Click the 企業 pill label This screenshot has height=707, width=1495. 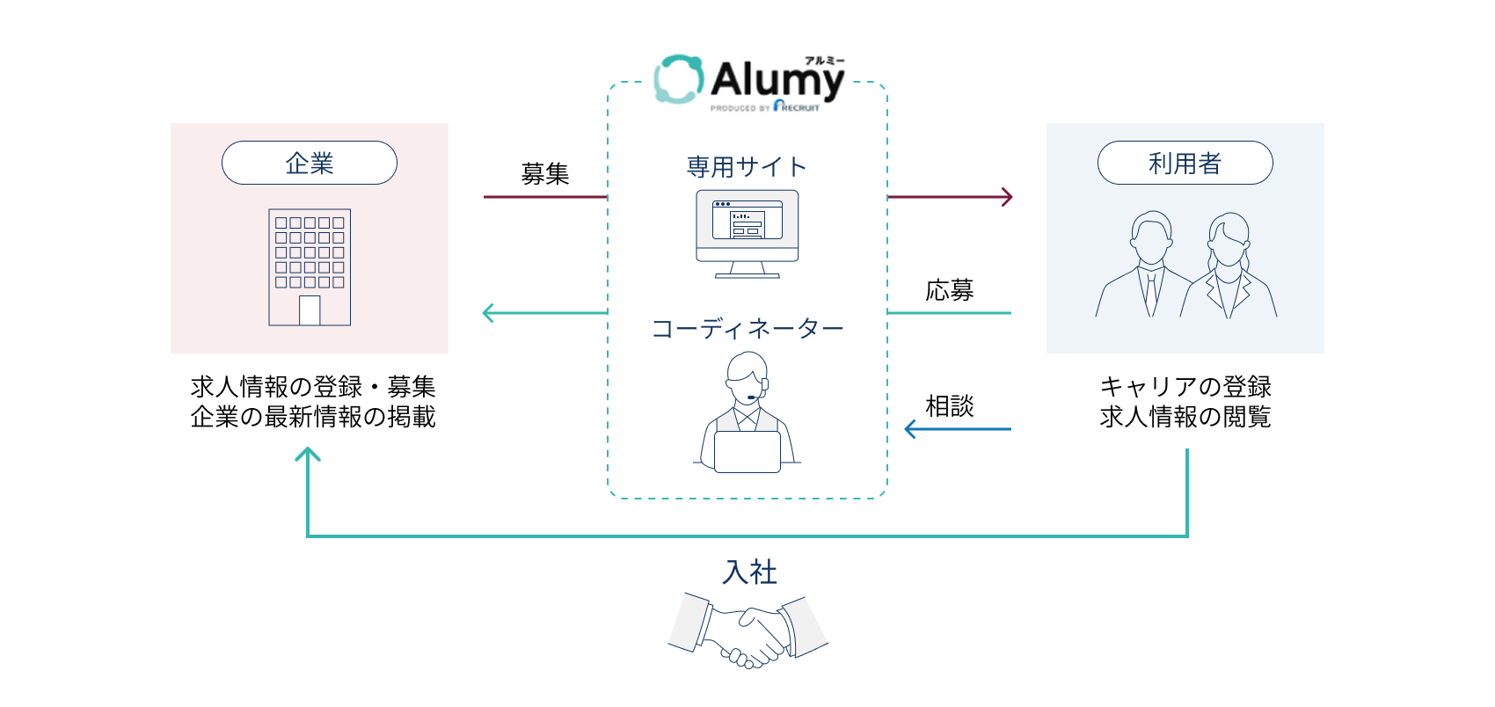pyautogui.click(x=310, y=163)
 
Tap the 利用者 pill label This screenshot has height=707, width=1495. pyautogui.click(x=1185, y=163)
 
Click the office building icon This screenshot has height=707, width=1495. pyautogui.click(x=310, y=266)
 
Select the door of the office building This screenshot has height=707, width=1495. pyautogui.click(x=310, y=310)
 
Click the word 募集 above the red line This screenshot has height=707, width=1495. pyautogui.click(x=545, y=174)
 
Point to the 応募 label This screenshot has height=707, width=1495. pyautogui.click(x=950, y=290)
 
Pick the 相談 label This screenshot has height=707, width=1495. pyautogui.click(x=950, y=406)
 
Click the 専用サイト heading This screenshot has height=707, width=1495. pyautogui.click(x=747, y=166)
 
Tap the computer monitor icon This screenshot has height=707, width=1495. pyautogui.click(x=747, y=232)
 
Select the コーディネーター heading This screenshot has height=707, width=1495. pyautogui.click(x=747, y=329)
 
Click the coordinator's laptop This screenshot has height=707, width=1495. pyautogui.click(x=747, y=452)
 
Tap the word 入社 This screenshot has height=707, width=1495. pyautogui.click(x=749, y=572)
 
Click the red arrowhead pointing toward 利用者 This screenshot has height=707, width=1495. pyautogui.click(x=1008, y=197)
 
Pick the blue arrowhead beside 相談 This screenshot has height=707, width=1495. pyautogui.click(x=911, y=429)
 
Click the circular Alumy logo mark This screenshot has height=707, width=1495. pyautogui.click(x=679, y=79)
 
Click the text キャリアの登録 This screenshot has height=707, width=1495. pyautogui.click(x=1185, y=387)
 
